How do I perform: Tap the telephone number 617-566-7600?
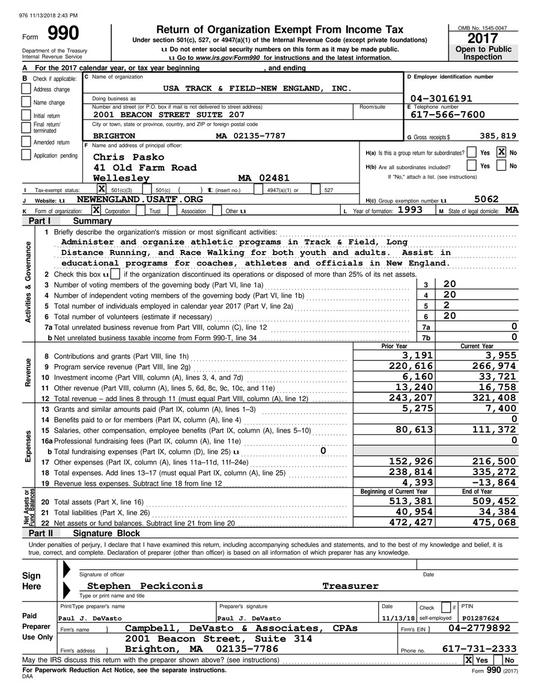tap(447, 114)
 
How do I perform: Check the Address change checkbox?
tap(26, 89)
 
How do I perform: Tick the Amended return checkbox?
tap(26, 142)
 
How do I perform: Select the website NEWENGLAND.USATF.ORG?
tap(139, 199)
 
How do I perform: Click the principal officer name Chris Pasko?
tap(129, 157)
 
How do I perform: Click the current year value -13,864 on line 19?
tap(494, 482)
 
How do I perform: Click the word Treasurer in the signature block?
tap(350, 586)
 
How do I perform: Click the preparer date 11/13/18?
tap(397, 618)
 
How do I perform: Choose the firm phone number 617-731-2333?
tap(479, 649)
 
